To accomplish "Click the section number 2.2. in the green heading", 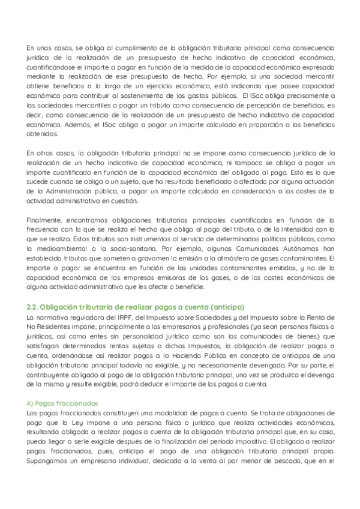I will (34, 307).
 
